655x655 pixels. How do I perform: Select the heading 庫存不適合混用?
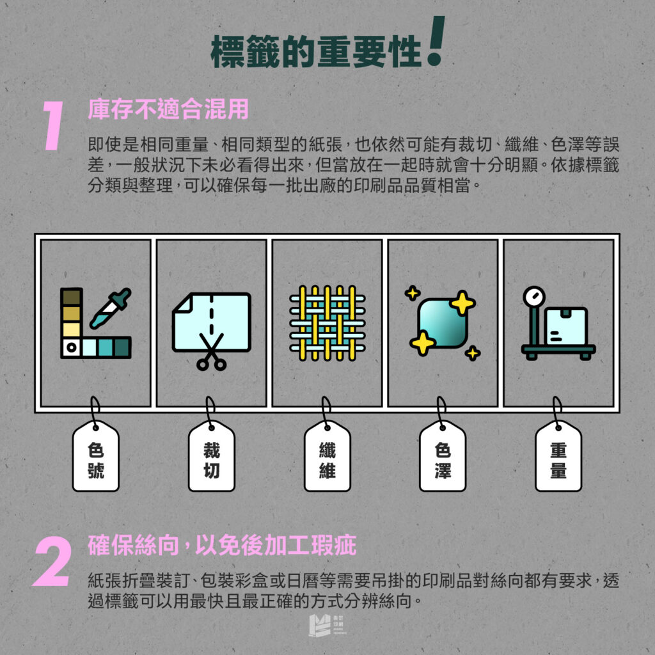[x=168, y=109]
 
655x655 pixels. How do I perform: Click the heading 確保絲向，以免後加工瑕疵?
[x=222, y=547]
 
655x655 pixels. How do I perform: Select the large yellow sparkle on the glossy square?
[x=462, y=303]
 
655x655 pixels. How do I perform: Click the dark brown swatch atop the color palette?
[x=71, y=296]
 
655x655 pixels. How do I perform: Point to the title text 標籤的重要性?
[x=316, y=53]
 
